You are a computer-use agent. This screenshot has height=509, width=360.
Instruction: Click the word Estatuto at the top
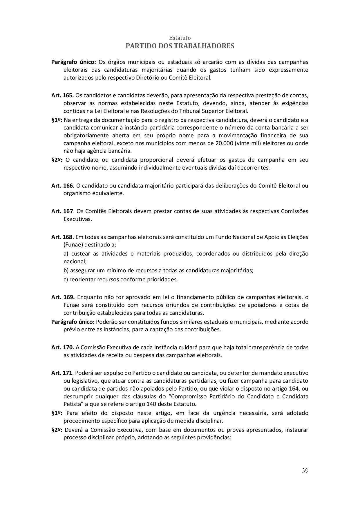tap(180, 38)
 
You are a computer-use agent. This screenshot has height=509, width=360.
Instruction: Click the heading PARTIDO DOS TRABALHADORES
tap(180, 46)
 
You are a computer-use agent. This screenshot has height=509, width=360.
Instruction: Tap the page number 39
tap(305, 471)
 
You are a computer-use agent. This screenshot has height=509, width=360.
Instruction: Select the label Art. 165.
tap(63, 95)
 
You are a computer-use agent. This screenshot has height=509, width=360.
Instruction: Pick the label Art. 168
tap(62, 237)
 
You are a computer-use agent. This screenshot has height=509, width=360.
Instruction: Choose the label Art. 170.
tap(63, 347)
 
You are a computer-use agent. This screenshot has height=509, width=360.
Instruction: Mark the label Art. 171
tap(62, 373)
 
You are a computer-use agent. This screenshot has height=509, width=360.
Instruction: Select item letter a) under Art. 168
tap(66, 253)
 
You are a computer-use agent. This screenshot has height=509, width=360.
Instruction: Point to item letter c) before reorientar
tap(66, 279)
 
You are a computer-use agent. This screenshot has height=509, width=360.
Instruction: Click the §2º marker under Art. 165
tap(57, 160)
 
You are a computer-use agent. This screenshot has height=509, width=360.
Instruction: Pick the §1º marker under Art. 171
tap(57, 413)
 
